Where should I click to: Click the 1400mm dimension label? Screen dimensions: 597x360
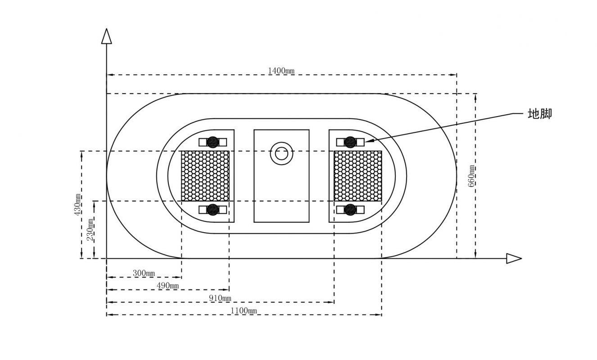tap(281, 71)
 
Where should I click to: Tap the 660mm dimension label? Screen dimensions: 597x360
tap(471, 176)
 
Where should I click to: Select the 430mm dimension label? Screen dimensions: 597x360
tap(77, 205)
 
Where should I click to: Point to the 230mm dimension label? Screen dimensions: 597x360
tap(90, 229)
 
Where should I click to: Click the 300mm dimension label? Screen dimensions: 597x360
tap(144, 273)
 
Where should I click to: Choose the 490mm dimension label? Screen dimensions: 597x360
tap(167, 286)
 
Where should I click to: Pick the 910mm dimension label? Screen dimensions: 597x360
tap(220, 298)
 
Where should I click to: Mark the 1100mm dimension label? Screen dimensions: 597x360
tap(244, 310)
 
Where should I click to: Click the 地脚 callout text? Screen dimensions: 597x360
tap(540, 114)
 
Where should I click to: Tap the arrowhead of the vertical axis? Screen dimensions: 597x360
tap(107, 36)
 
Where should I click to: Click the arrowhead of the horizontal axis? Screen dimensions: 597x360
tap(514, 258)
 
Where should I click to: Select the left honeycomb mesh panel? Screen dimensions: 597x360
tap(205, 176)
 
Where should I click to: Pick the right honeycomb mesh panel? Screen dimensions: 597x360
tap(358, 176)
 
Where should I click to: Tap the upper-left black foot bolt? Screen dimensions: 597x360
tap(213, 142)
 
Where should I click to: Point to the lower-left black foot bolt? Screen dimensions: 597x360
tap(213, 210)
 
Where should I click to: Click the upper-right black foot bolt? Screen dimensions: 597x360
tap(350, 142)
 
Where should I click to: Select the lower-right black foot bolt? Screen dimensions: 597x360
tap(350, 210)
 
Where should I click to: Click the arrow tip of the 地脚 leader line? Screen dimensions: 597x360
tap(365, 142)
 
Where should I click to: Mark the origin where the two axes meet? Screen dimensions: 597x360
tap(107, 258)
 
